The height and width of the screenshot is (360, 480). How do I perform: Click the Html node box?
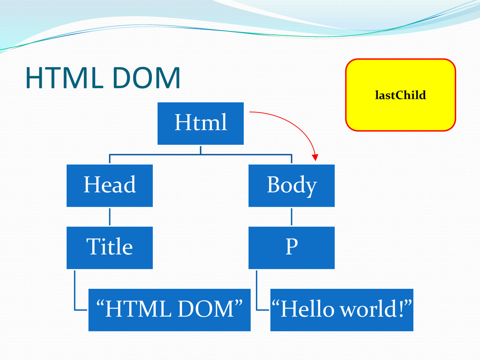coord(200,123)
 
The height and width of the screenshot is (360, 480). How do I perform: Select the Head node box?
coord(109,185)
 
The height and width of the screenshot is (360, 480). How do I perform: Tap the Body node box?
coord(291,185)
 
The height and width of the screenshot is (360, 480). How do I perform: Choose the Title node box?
coord(109,247)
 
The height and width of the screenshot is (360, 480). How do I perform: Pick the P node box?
coord(291,247)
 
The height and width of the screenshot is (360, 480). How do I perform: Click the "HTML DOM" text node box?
coord(169,310)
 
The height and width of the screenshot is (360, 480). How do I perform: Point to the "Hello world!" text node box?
coord(342,310)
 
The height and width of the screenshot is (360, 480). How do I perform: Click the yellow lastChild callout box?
coord(400,95)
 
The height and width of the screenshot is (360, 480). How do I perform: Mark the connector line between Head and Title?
coord(110,217)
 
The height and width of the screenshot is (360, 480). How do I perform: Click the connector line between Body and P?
coord(292,217)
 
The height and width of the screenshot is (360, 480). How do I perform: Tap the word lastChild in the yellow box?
coord(400,96)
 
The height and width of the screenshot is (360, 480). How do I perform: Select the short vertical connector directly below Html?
coord(201,150)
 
